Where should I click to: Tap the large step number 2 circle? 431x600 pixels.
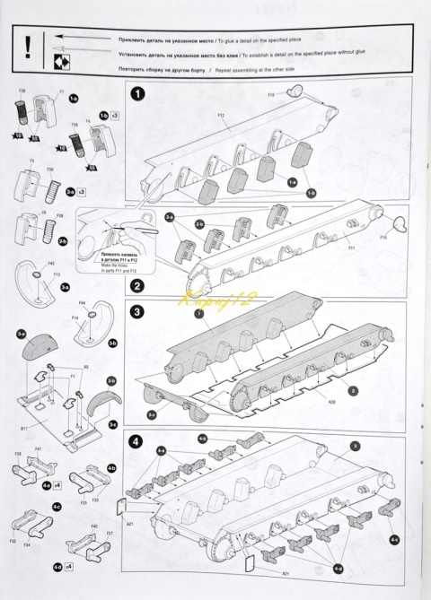click(x=136, y=286)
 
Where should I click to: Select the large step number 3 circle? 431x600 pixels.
click(x=137, y=312)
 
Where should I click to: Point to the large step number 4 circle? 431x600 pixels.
click(x=136, y=440)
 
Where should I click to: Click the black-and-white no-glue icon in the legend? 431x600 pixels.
click(x=62, y=60)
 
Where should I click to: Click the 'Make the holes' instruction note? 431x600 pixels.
click(x=112, y=273)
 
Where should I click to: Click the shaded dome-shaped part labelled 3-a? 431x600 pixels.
click(x=37, y=345)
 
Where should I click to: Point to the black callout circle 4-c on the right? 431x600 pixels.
click(x=394, y=540)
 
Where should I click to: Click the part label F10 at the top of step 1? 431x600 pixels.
click(x=270, y=95)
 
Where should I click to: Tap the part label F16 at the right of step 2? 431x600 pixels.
click(x=383, y=237)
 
